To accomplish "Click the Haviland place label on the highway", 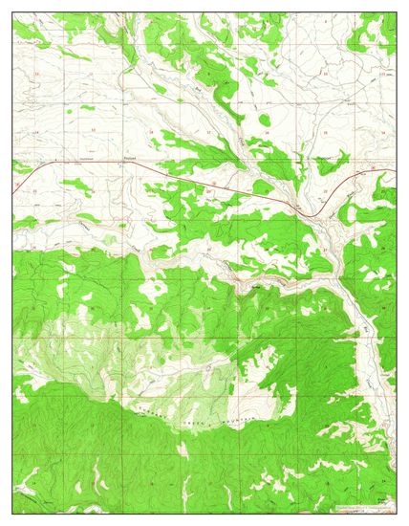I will [x=131, y=160].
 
